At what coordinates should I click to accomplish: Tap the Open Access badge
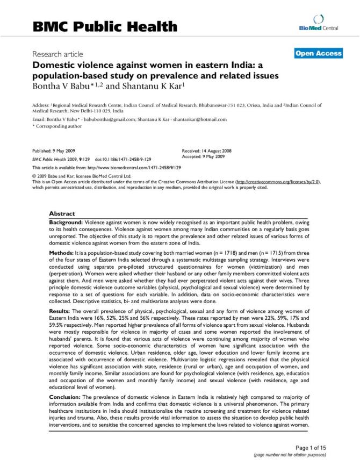pos(318,53)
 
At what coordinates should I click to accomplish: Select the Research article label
pos(57,54)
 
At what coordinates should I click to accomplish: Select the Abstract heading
pos(62,213)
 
